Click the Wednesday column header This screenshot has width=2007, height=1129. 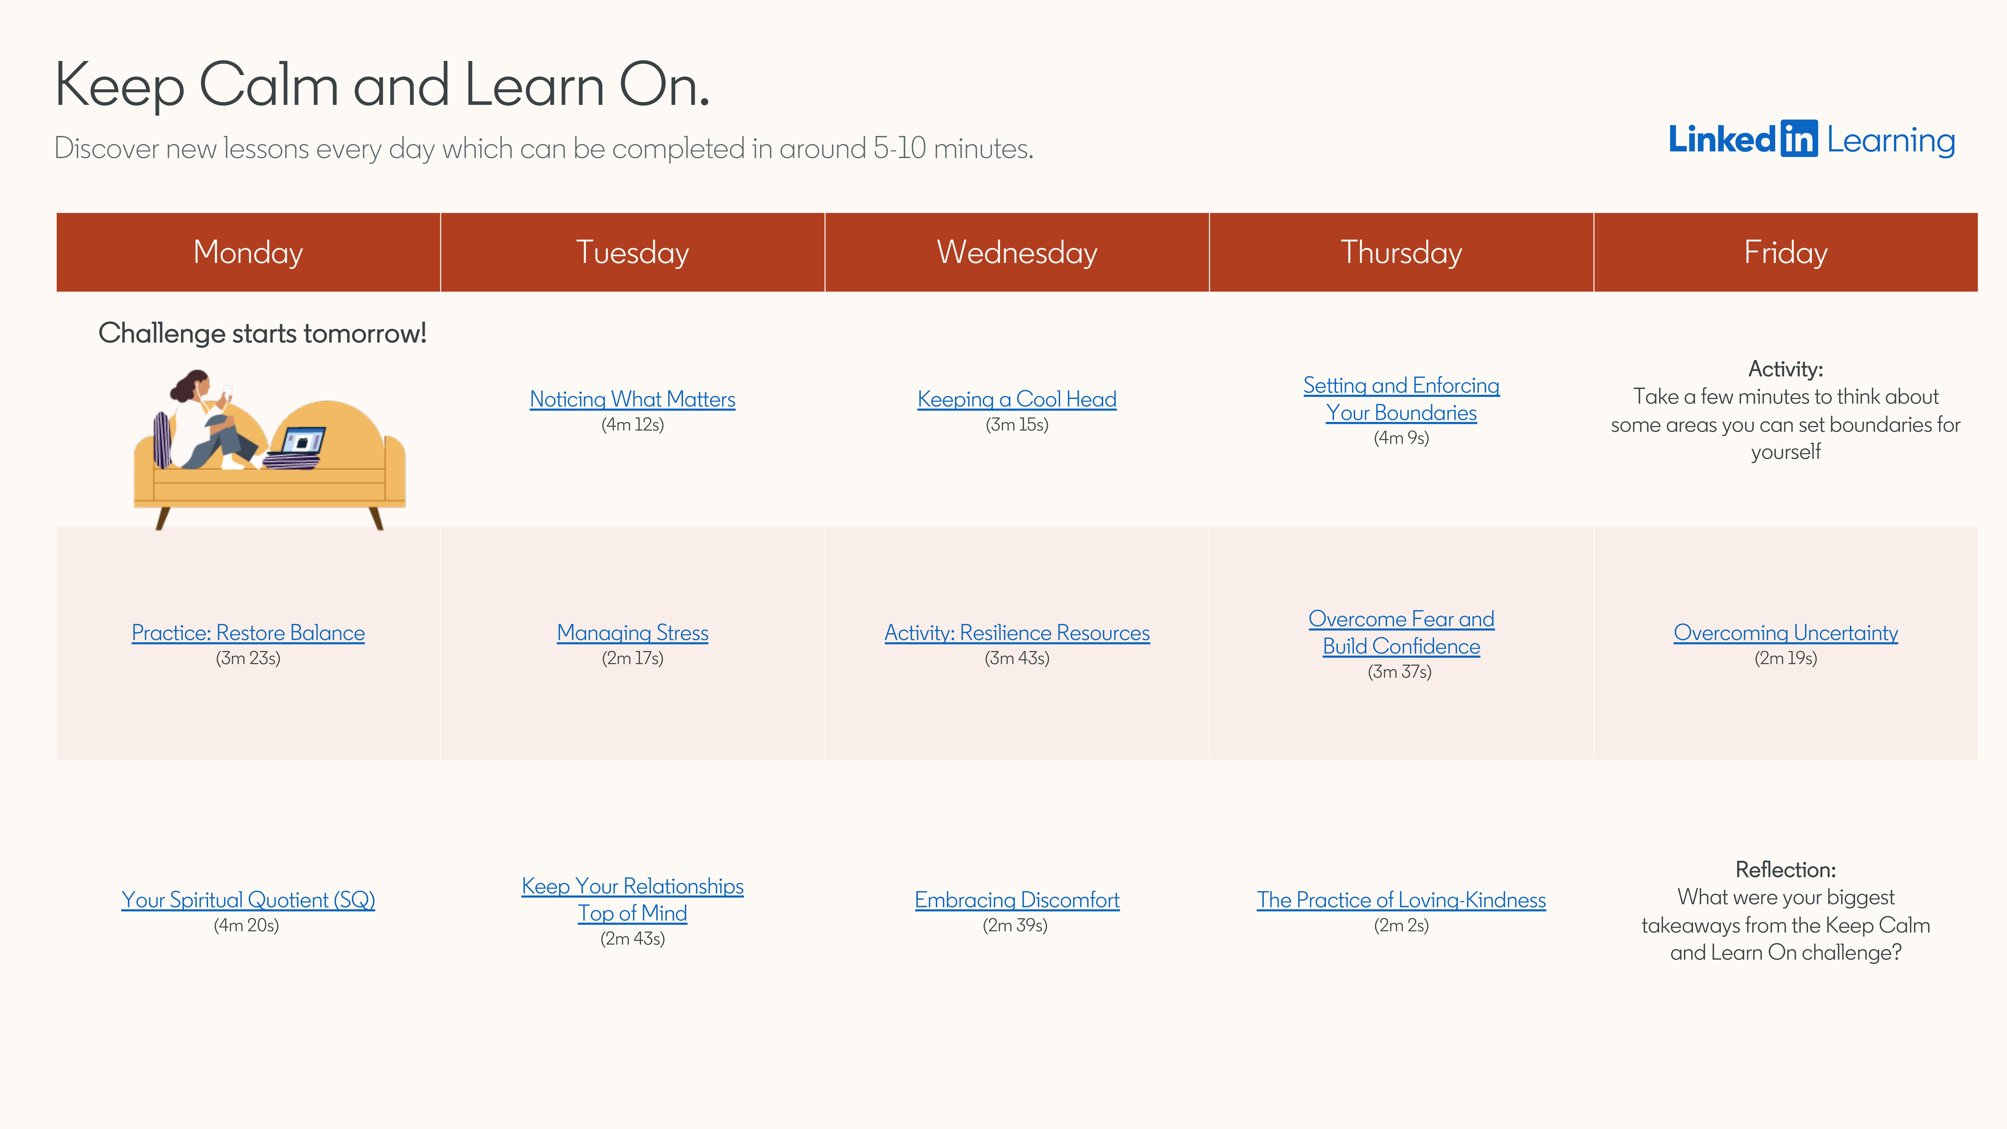coord(1017,252)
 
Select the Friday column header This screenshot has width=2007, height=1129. coord(1785,252)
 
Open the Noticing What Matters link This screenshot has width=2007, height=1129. coord(632,399)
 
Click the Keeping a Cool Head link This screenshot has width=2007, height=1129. coord(1017,399)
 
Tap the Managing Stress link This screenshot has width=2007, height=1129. coord(632,633)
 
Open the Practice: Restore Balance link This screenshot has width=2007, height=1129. coord(248,633)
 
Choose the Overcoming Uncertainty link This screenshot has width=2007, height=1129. coord(1785,633)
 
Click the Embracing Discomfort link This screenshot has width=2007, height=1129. coord(1017,900)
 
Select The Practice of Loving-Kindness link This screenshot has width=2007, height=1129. coord(1401,900)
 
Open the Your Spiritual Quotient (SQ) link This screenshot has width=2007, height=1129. coord(248,900)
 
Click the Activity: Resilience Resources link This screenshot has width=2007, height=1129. coord(1017,633)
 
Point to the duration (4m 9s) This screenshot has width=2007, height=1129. coord(1401,438)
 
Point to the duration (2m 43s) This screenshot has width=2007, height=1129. coord(632,939)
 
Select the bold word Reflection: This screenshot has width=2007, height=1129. coord(1785,870)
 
